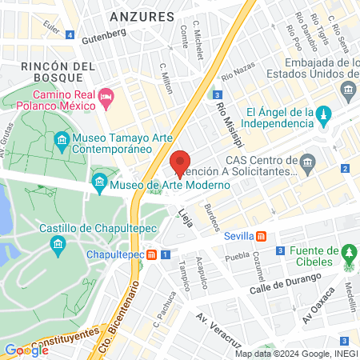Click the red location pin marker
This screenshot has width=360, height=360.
pos(180,163)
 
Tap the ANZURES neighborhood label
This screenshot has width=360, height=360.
pos(142,16)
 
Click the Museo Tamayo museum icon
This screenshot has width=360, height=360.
pos(62,142)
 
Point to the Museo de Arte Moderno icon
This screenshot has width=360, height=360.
pos(99,184)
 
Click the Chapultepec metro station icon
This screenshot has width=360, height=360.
pos(152,254)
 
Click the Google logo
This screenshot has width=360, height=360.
pos(26,350)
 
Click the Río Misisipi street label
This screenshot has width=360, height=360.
pos(222,116)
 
